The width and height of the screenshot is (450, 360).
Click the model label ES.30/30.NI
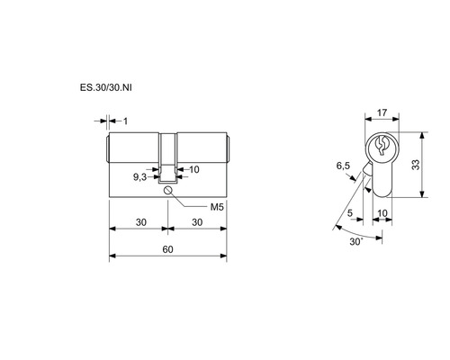point(105,87)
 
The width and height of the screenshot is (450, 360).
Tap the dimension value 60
point(168,249)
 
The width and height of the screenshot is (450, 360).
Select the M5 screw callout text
point(217,207)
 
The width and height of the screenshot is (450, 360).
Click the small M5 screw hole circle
point(167,190)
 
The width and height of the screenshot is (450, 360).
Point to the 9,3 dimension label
point(139,177)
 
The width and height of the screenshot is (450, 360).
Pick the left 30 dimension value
point(141,222)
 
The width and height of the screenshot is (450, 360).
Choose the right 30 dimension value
point(197,222)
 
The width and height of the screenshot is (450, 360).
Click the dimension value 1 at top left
point(125,121)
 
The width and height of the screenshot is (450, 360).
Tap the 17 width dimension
point(382,112)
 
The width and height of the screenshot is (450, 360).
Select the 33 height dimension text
point(416,165)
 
